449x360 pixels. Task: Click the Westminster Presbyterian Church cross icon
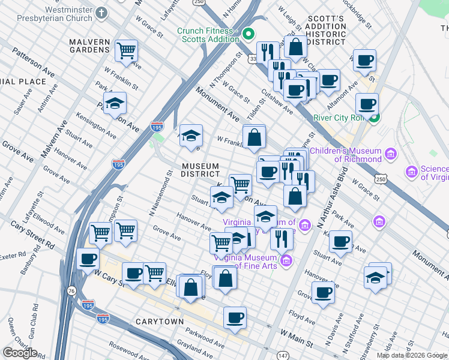click(x=101, y=13)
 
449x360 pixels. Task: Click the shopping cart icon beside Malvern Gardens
click(x=126, y=52)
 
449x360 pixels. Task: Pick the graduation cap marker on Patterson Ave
click(x=115, y=104)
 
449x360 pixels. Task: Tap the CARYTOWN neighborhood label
click(x=159, y=322)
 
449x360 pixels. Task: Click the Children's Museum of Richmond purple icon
click(x=391, y=155)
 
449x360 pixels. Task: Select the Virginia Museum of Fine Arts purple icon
click(x=286, y=260)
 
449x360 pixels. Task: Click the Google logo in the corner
click(x=20, y=352)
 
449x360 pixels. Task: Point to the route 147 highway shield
click(x=283, y=356)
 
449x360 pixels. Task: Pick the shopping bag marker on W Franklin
click(x=255, y=137)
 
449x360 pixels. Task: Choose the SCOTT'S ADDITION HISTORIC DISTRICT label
click(x=327, y=26)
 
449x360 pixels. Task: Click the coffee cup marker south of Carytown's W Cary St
click(x=235, y=317)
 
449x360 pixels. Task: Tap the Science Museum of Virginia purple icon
click(x=412, y=172)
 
